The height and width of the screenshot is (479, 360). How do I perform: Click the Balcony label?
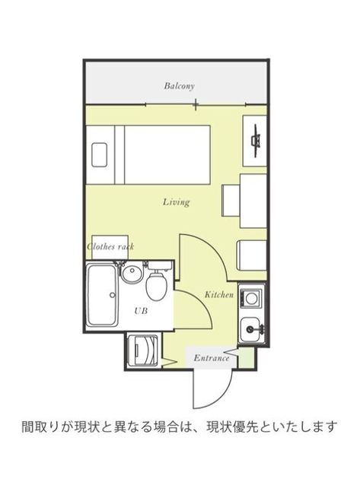tap(179, 86)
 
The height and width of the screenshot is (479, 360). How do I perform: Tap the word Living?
tap(176, 202)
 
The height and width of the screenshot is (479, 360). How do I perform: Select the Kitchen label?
tap(219, 294)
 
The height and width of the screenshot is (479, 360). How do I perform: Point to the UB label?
tap(141, 311)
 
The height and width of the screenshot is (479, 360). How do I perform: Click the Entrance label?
tap(212, 357)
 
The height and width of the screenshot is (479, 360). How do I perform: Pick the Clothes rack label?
tap(110, 246)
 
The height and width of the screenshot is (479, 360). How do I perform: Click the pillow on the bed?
tap(100, 154)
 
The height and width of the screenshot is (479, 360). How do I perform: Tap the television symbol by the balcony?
tap(256, 141)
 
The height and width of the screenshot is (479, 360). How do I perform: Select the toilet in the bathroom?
tap(156, 286)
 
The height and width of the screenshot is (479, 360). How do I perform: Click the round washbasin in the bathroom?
tap(132, 272)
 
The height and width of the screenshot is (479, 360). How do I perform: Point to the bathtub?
tap(102, 295)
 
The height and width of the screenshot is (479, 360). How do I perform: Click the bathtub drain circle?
tap(112, 295)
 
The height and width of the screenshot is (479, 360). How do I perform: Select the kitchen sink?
tap(250, 329)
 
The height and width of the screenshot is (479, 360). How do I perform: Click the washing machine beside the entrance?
tap(143, 350)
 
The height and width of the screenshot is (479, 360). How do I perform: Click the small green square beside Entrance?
tap(246, 358)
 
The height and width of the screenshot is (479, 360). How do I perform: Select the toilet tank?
tap(160, 265)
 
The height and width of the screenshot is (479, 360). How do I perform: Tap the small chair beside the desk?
tap(231, 201)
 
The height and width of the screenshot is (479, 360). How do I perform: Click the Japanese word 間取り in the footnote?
tap(40, 427)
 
